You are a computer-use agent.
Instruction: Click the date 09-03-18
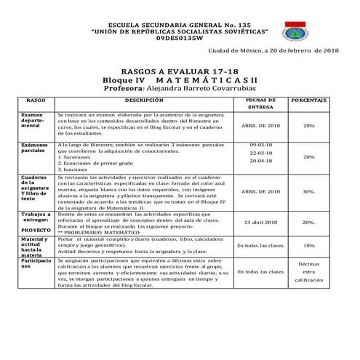[x=260, y=145]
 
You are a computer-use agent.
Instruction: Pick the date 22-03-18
[x=260, y=155]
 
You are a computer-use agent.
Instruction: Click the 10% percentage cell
[x=308, y=245]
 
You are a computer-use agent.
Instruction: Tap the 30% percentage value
[x=308, y=191]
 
